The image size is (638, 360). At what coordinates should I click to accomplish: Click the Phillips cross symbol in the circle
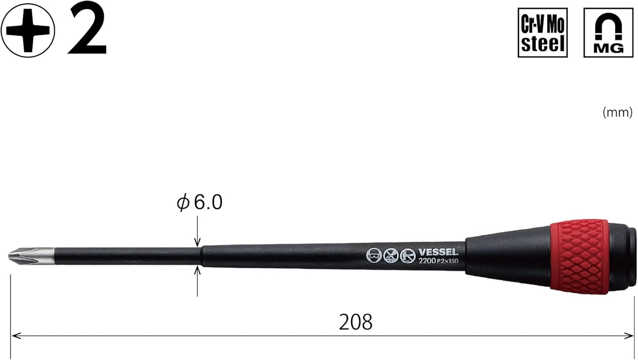click(x=28, y=30)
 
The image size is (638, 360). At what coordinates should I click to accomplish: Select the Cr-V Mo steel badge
click(x=543, y=32)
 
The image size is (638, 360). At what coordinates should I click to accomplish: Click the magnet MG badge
click(x=608, y=32)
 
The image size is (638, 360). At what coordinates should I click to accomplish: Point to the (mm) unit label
click(x=617, y=112)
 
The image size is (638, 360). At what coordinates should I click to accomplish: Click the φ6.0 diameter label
click(x=200, y=202)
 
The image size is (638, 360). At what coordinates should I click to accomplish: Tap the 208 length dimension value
click(x=356, y=322)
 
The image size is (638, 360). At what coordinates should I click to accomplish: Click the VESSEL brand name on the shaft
click(x=438, y=252)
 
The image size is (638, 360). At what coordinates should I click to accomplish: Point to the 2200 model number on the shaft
click(x=427, y=260)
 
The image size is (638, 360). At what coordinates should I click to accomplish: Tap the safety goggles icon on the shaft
click(x=373, y=255)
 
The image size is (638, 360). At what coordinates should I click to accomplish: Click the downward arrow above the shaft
click(x=197, y=241)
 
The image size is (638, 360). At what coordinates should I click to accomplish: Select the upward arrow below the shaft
click(x=197, y=271)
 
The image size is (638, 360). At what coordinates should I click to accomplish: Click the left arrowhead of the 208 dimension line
click(x=15, y=336)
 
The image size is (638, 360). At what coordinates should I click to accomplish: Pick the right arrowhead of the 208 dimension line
click(x=629, y=336)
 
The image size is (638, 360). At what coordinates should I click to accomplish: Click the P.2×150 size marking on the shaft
click(x=447, y=261)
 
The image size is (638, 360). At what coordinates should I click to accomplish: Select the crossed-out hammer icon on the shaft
click(x=390, y=255)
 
